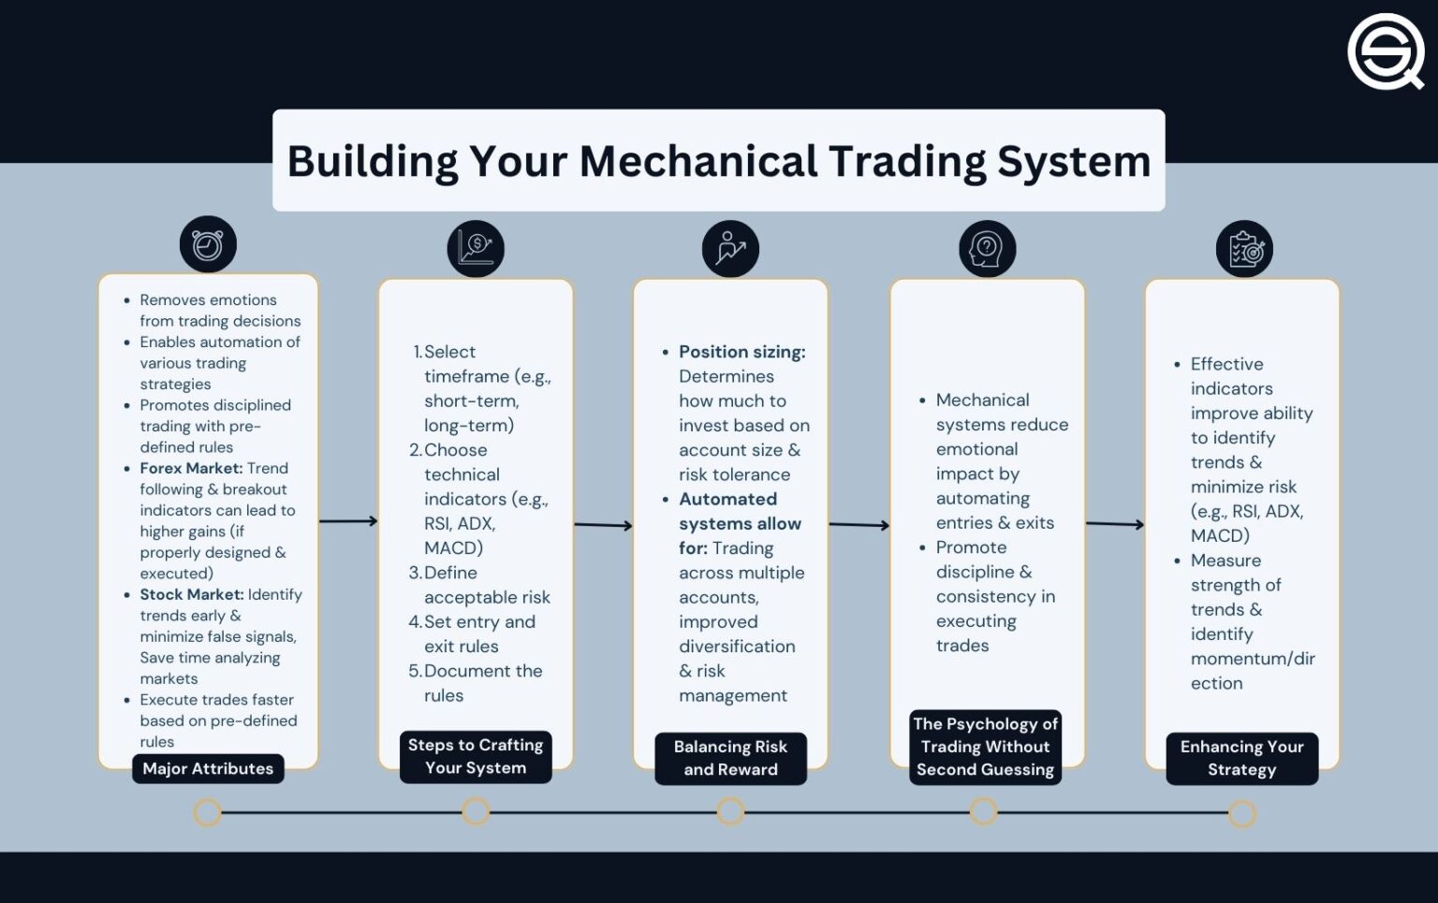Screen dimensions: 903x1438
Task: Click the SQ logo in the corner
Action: [x=1385, y=51]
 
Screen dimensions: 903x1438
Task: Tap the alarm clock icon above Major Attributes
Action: [x=208, y=245]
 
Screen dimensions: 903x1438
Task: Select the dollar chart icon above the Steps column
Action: [x=476, y=249]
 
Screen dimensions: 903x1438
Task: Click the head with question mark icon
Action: [x=986, y=249]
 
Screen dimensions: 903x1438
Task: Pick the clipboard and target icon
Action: [x=1243, y=250]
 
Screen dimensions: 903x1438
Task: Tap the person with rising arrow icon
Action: [x=730, y=249]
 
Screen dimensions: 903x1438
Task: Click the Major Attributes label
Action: [x=208, y=768]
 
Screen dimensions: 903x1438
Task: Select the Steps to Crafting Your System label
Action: [x=476, y=756]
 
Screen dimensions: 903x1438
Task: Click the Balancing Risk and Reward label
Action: [x=730, y=758]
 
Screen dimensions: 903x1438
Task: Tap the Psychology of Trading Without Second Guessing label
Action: [x=985, y=747]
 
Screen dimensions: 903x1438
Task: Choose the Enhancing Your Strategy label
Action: [x=1241, y=758]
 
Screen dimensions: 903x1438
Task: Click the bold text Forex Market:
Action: [x=191, y=468]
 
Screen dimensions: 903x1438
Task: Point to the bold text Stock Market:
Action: [x=191, y=594]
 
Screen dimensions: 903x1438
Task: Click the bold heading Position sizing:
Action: [x=741, y=352]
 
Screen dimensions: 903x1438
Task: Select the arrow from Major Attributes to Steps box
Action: [x=348, y=521]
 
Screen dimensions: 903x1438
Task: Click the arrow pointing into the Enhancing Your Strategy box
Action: [x=1115, y=524]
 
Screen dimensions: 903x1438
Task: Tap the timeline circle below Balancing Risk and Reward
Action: [x=730, y=811]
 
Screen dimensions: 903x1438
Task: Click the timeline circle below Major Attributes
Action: [x=208, y=812]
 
